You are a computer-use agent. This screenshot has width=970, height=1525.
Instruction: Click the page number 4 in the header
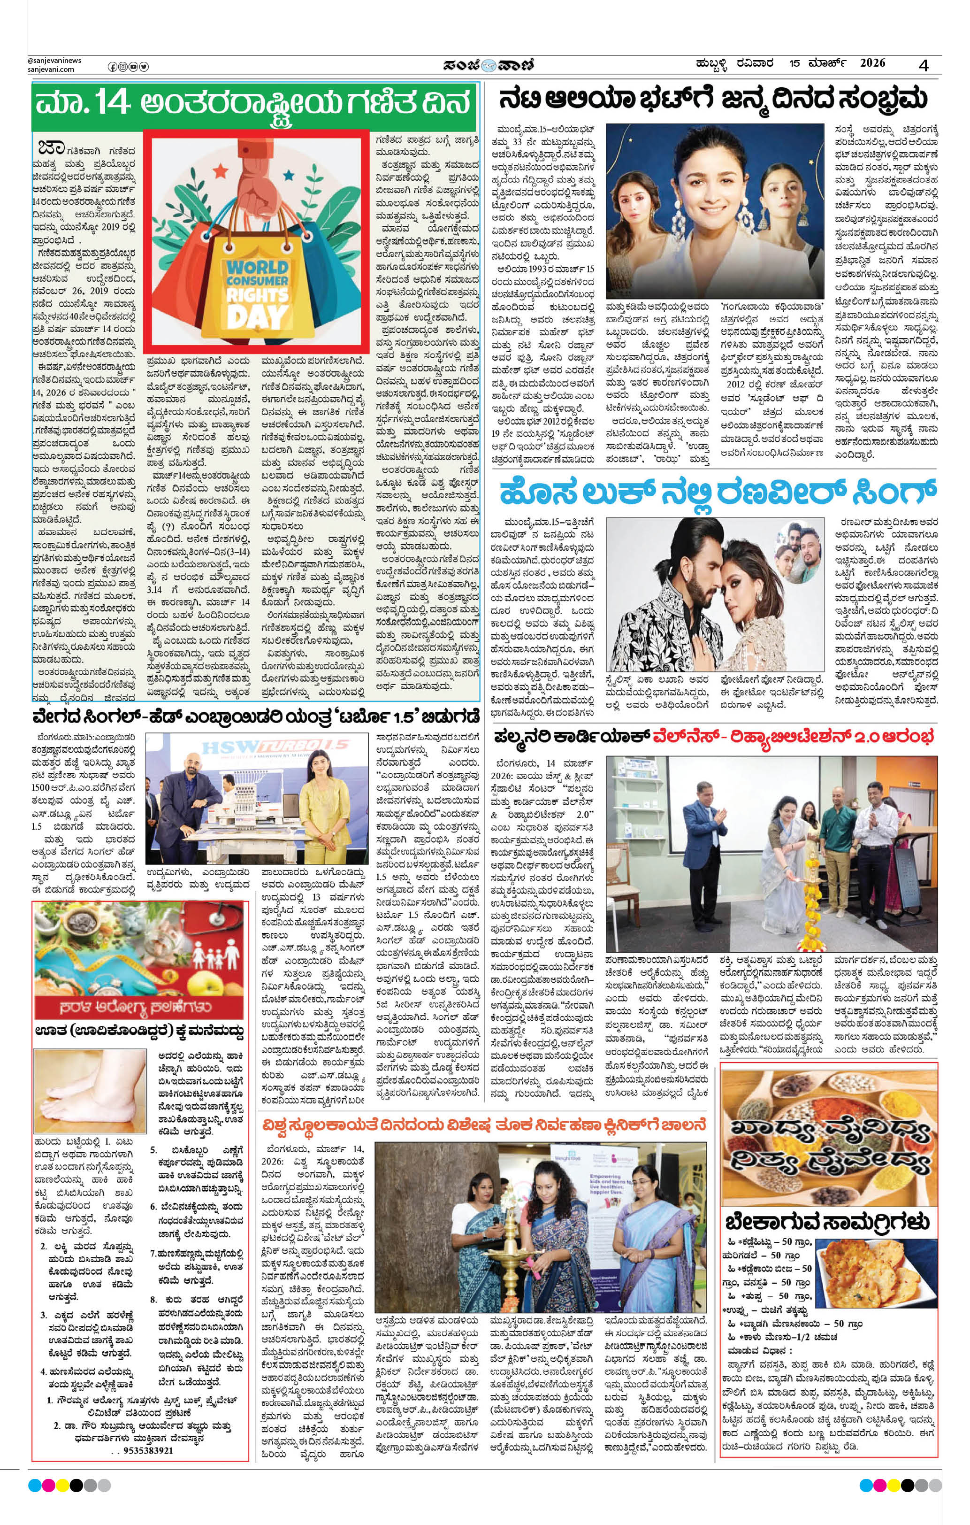point(924,65)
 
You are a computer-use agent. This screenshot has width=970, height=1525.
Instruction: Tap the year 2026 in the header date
point(872,63)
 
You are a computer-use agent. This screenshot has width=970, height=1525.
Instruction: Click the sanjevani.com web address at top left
point(51,69)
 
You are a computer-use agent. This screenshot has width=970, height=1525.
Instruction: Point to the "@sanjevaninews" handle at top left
point(54,60)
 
